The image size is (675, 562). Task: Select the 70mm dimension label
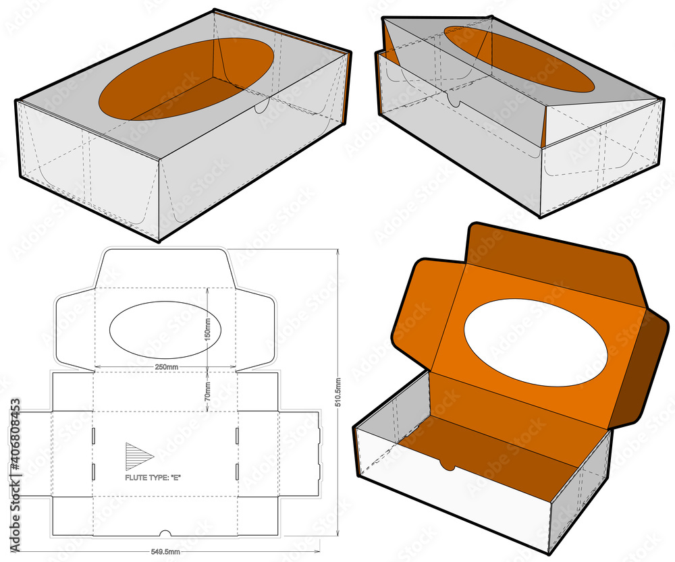pos(208,390)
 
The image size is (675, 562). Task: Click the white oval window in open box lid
pos(535,343)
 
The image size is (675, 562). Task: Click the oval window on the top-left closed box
pos(187,80)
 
